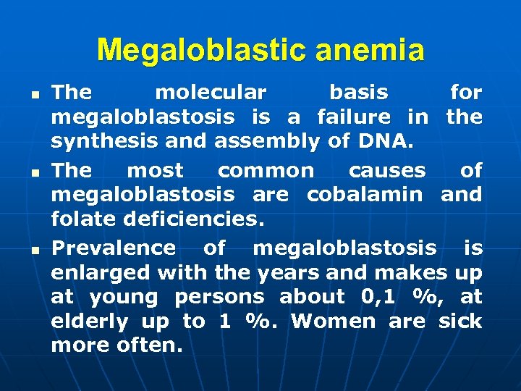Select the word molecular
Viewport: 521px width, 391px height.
[x=211, y=92]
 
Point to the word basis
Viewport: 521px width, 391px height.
[x=358, y=92]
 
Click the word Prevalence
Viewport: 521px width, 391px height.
[x=114, y=248]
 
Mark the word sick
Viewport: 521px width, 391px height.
[x=460, y=321]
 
